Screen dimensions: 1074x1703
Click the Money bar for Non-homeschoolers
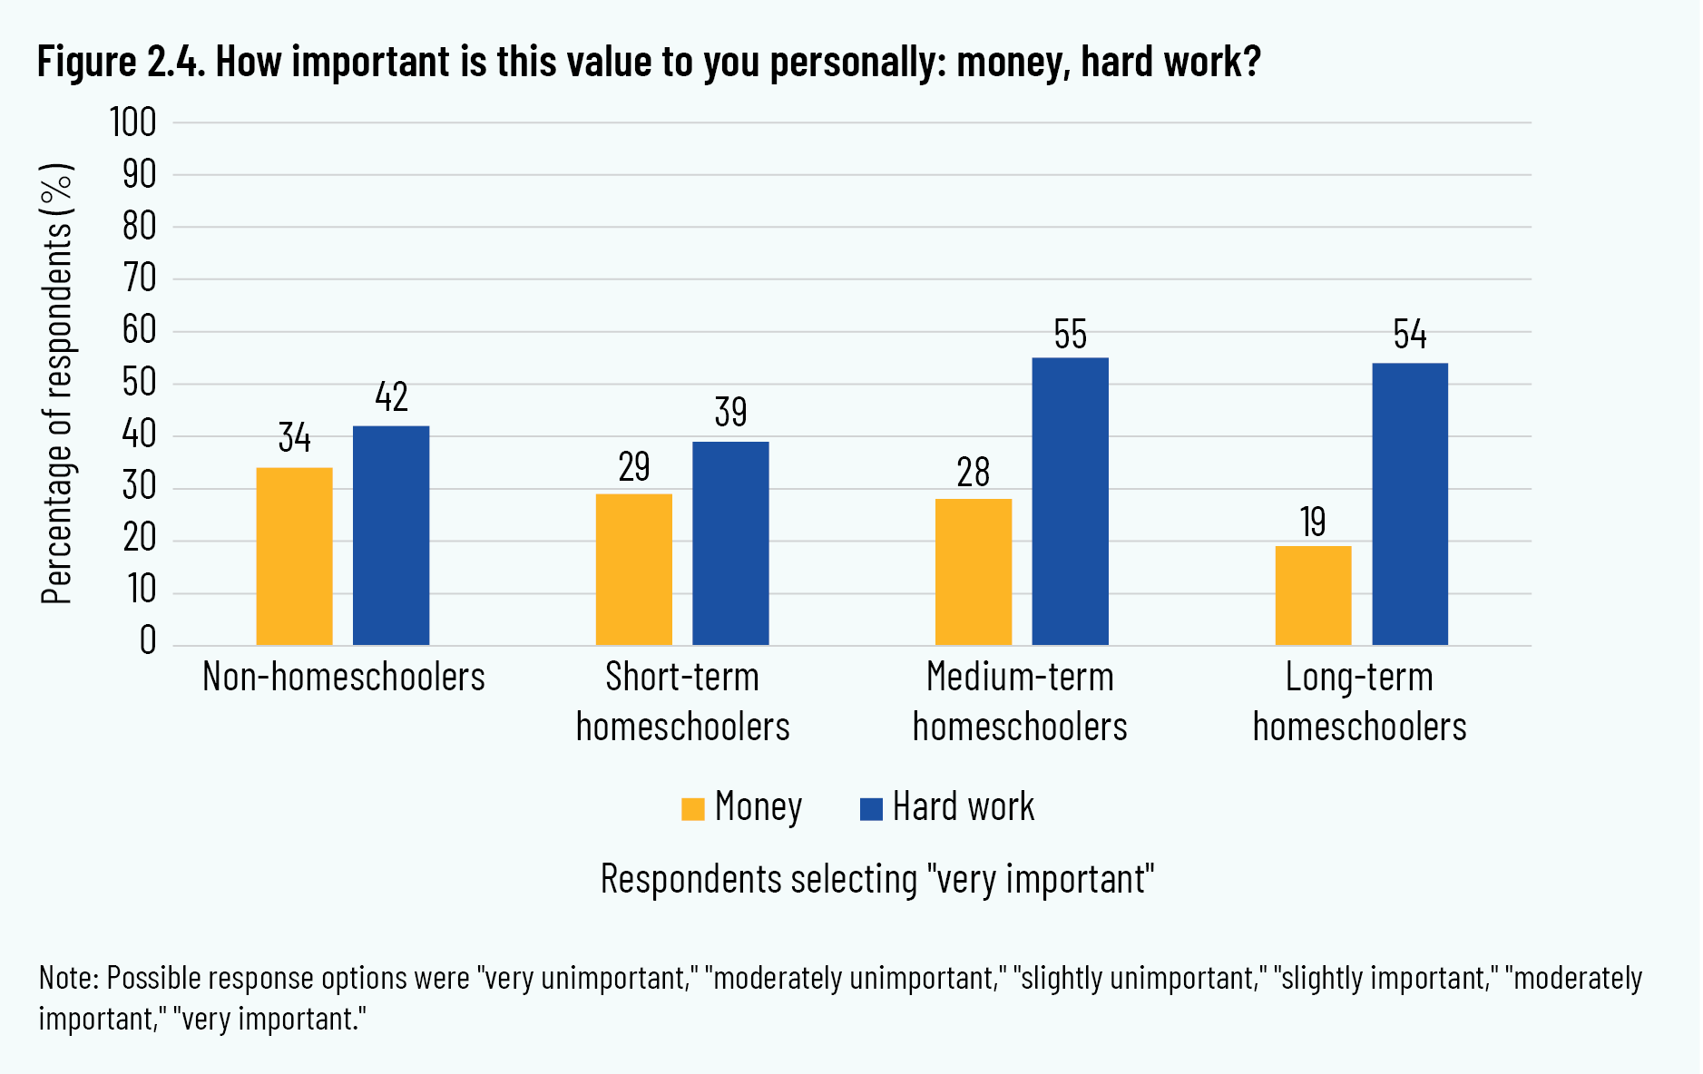tap(294, 556)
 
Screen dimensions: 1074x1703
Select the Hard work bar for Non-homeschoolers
tap(391, 535)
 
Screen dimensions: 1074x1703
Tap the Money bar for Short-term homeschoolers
tap(633, 569)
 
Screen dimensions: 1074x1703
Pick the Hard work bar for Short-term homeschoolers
tap(730, 543)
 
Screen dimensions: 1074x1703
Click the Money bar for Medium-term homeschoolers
tap(973, 571)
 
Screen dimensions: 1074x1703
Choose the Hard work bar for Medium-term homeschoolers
tap(1070, 502)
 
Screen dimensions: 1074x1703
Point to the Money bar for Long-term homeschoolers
tap(1313, 595)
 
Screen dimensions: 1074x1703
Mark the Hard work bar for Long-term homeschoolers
tap(1409, 504)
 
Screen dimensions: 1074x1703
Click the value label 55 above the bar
tap(1070, 335)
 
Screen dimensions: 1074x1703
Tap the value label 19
tap(1313, 522)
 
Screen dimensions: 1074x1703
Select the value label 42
tap(391, 397)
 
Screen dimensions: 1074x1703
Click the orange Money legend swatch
tap(692, 808)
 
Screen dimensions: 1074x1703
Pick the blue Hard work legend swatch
tap(871, 808)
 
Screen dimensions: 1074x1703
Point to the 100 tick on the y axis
tap(132, 122)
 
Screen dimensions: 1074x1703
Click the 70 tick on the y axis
tap(140, 278)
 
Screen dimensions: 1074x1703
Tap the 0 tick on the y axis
tap(147, 641)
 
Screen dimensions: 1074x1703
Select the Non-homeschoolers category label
tap(343, 678)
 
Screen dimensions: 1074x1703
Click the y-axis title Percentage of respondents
tap(56, 384)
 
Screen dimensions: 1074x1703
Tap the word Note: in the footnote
tap(68, 978)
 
